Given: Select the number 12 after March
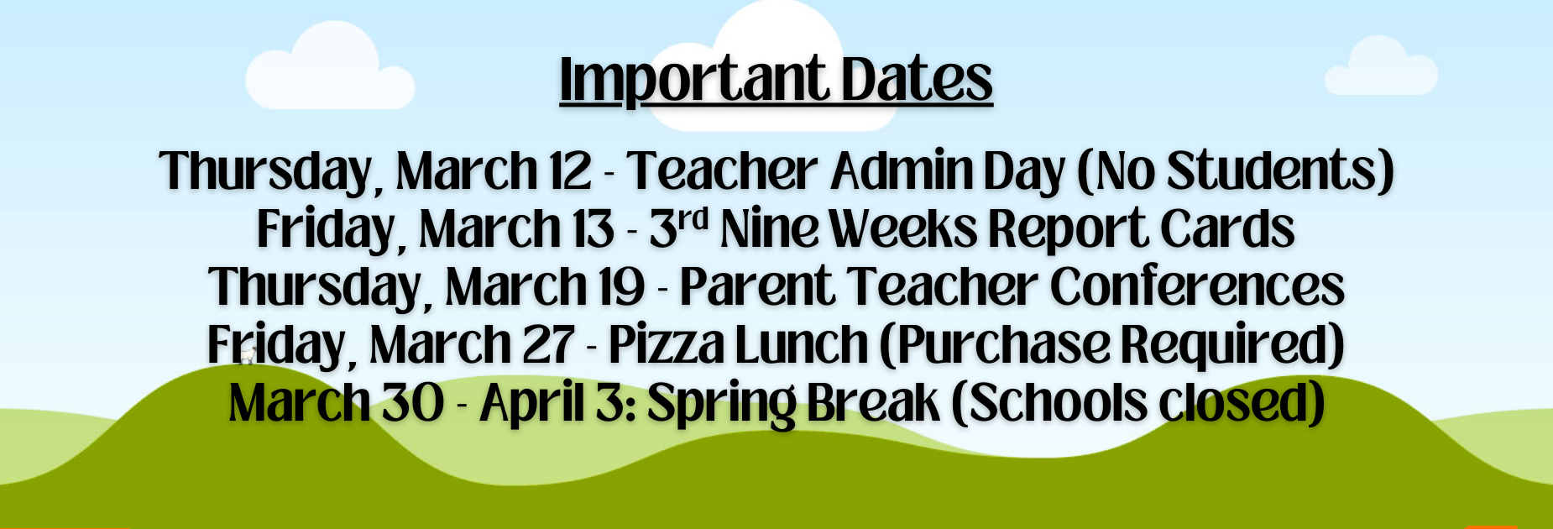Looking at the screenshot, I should tap(570, 170).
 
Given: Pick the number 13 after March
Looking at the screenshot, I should tap(593, 228).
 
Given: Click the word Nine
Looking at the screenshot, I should tap(769, 228).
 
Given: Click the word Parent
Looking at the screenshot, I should tap(757, 286).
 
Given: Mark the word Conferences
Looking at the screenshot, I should tap(1197, 286).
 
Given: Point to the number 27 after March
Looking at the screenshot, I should tap(548, 344).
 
